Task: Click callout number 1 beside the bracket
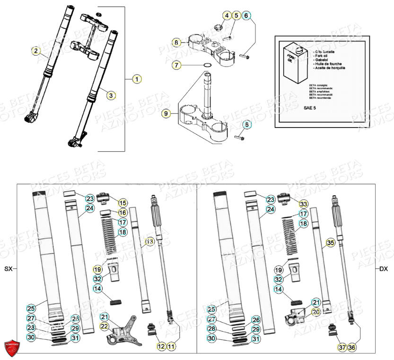pos(136,79)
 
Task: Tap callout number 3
pos(110,95)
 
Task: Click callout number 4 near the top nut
pos(228,16)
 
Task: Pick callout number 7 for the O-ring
pos(176,65)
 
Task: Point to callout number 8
pos(176,43)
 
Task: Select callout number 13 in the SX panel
pos(149,241)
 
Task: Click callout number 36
pos(352,347)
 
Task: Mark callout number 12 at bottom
pos(161,347)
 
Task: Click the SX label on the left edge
pos(8,269)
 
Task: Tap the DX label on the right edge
pos(384,269)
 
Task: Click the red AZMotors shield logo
pos(13,348)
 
